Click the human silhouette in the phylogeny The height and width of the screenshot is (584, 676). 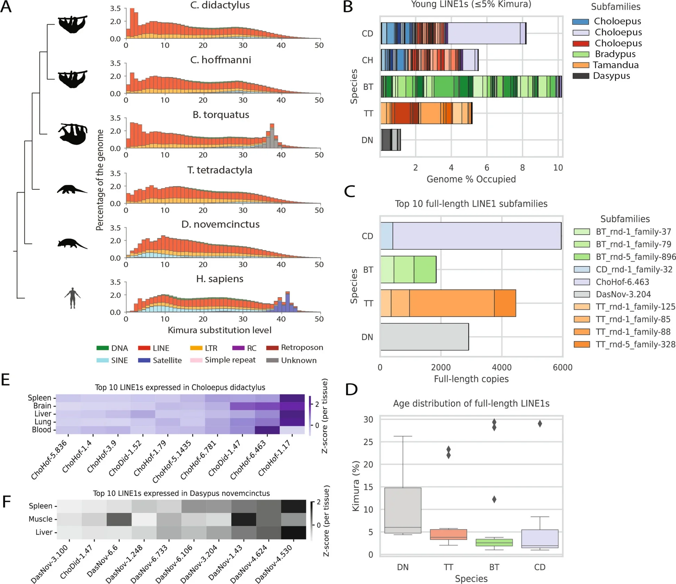72,298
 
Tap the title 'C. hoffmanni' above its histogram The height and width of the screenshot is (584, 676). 220,60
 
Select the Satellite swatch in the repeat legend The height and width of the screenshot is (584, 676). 144,360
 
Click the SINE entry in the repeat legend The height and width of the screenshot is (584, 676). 112,360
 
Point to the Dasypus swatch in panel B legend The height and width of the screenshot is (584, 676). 580,76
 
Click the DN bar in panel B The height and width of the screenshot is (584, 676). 390,140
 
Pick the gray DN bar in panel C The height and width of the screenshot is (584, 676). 424,337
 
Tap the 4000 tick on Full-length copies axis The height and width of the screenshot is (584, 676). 502,367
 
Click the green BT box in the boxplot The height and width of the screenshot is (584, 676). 494,542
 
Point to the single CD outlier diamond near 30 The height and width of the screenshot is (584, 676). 539,424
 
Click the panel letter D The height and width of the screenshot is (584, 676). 351,390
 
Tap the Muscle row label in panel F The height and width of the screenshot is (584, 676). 41,519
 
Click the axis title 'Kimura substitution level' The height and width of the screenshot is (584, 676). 220,330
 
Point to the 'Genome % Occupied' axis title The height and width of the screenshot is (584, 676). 471,179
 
